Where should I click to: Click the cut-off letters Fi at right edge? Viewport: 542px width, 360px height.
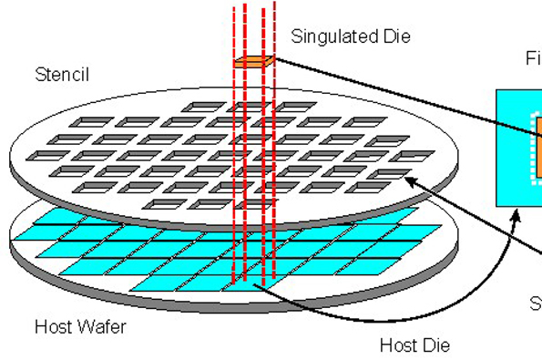(x=533, y=58)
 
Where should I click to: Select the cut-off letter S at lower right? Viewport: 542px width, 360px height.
(x=536, y=302)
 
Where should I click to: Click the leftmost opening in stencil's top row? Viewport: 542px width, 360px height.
(x=196, y=108)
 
